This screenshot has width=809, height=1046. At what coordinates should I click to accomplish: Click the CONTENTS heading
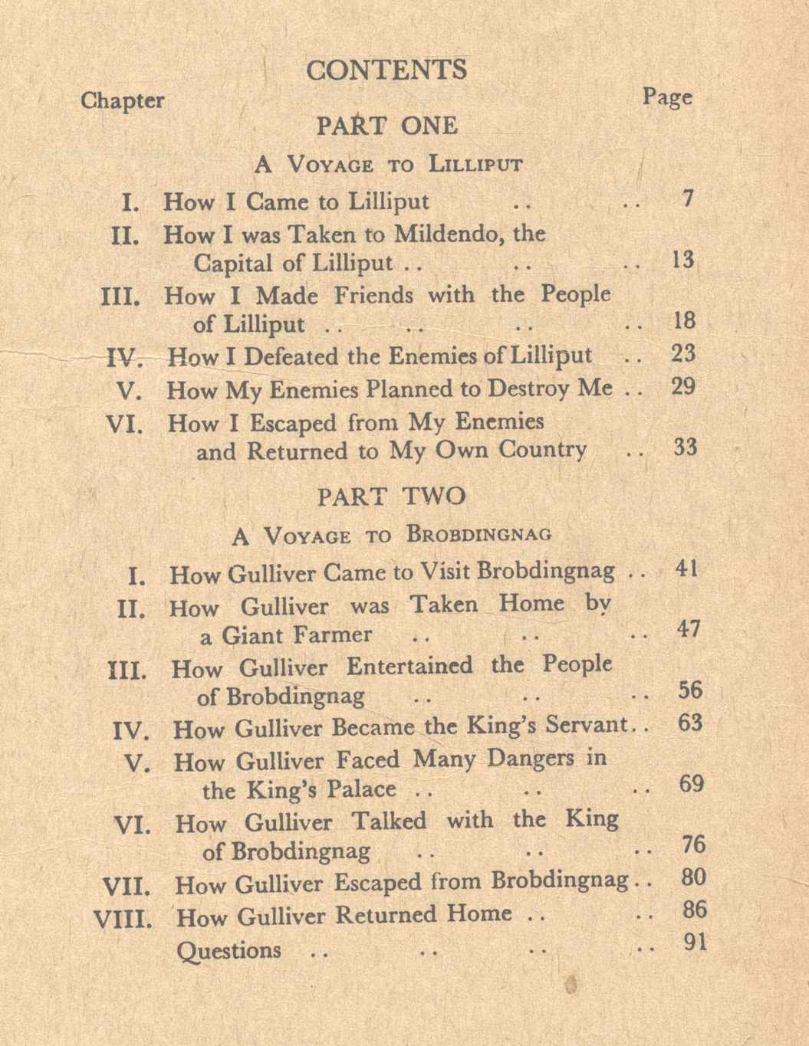[386, 70]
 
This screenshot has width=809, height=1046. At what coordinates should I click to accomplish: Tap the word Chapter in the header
[122, 100]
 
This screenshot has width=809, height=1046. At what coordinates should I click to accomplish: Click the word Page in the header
[666, 97]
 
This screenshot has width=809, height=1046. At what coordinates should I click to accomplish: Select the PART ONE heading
[387, 126]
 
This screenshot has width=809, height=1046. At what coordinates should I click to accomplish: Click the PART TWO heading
[391, 496]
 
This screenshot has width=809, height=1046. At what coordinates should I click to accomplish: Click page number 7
[687, 198]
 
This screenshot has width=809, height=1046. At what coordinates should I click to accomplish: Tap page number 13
[682, 260]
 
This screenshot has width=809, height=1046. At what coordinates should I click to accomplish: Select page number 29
[682, 385]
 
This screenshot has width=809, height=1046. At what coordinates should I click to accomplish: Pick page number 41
[686, 569]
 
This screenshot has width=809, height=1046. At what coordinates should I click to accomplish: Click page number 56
[689, 690]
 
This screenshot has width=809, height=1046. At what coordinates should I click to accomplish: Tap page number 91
[694, 942]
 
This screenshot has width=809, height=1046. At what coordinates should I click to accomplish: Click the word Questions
[229, 950]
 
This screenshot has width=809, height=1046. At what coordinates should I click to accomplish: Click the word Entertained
[409, 666]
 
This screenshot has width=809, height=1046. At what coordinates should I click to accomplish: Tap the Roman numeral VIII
[122, 918]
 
